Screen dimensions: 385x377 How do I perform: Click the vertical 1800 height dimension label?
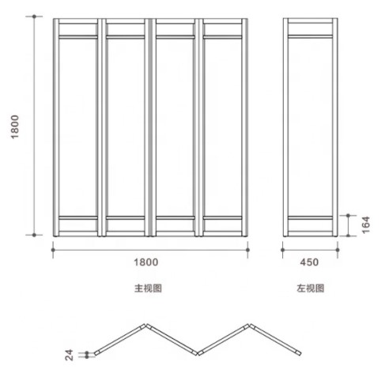pos(15,126)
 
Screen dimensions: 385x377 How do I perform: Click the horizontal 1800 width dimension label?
pos(146,262)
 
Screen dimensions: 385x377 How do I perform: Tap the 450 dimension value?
pos(309,262)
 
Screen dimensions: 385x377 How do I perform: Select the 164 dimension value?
pos(366,225)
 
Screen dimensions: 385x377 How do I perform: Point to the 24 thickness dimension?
pos(69,355)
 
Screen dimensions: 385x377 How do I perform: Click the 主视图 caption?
pos(148,288)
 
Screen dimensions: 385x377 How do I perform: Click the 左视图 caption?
pos(310,288)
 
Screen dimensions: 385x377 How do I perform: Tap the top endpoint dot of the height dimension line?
pos(34,17)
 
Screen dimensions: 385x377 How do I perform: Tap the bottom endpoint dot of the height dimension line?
pos(34,235)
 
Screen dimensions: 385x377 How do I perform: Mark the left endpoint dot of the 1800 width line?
pos(53,250)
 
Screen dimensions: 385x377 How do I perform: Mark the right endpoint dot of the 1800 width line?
pos(247,250)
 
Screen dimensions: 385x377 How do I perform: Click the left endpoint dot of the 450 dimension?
pos(283,250)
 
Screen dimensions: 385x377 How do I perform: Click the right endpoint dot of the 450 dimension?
pos(338,250)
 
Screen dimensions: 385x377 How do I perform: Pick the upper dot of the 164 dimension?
pos(348,216)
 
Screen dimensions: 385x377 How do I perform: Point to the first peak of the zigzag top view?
pos(145,326)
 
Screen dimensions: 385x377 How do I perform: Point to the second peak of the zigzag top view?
pos(249,326)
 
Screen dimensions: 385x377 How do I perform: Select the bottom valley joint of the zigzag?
pos(198,353)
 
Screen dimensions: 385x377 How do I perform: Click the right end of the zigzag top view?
pos(300,353)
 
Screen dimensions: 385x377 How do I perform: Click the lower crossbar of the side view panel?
pos(310,218)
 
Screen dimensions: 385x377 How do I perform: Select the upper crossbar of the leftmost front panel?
pos(78,37)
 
